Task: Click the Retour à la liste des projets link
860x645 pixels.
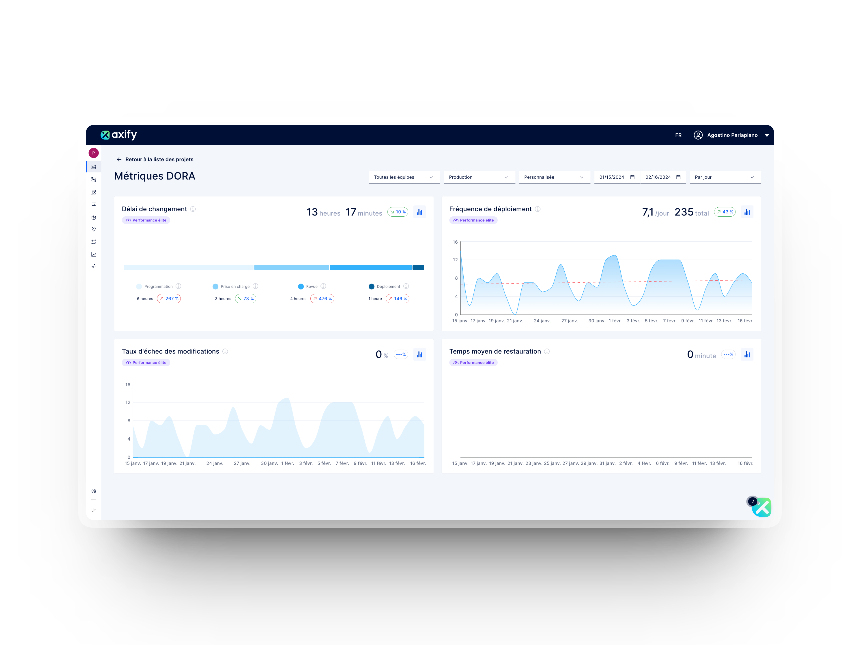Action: (159, 159)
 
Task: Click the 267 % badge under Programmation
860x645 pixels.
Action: (169, 299)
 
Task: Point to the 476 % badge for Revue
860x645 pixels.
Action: (322, 299)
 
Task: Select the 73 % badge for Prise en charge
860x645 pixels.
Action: (246, 299)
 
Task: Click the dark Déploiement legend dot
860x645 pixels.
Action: (371, 286)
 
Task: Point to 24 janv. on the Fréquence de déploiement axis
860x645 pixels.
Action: (542, 321)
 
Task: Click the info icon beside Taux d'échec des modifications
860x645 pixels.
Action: (225, 351)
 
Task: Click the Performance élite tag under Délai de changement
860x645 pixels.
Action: (146, 220)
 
